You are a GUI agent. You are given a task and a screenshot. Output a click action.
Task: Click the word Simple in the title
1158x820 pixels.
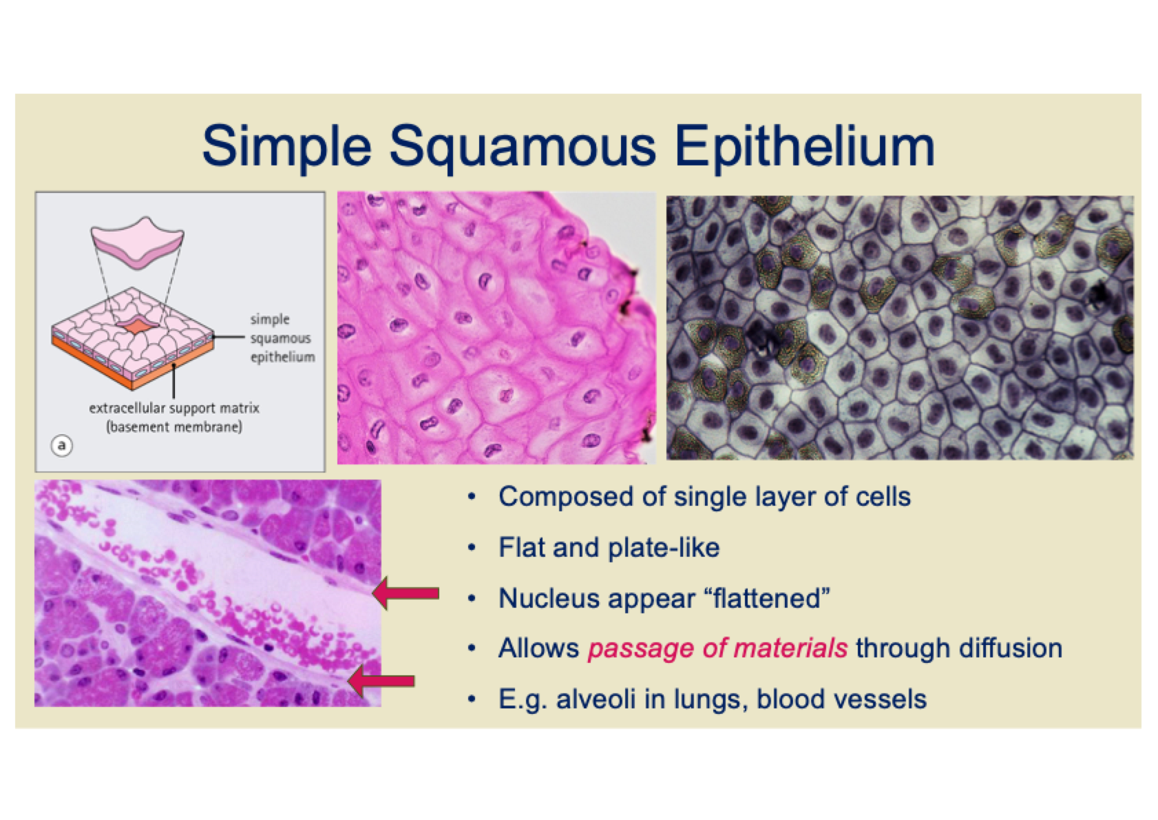coord(287,147)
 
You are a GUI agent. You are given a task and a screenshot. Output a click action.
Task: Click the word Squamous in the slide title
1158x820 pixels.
coord(522,147)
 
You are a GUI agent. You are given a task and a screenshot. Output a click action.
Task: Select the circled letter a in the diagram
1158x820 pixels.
coord(61,445)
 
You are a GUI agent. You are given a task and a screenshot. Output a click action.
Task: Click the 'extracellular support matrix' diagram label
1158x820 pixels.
coord(174,408)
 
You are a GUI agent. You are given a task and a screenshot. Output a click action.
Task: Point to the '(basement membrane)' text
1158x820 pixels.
coord(174,427)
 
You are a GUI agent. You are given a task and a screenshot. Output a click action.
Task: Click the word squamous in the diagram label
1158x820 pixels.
coord(281,339)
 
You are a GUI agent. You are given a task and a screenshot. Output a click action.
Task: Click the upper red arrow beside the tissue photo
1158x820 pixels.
coord(406,593)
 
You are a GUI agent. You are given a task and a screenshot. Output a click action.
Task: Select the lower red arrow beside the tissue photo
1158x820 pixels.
coord(381,681)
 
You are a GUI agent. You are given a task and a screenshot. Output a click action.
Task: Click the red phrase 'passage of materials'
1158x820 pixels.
coord(717,648)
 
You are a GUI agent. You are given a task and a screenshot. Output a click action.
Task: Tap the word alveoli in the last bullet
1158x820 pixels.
coord(596,699)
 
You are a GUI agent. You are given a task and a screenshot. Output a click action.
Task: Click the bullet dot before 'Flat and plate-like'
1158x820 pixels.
coord(471,548)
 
